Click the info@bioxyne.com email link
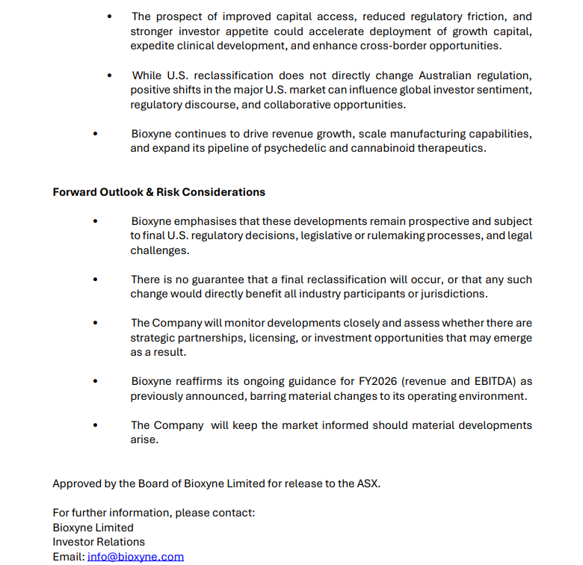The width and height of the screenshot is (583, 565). tap(135, 557)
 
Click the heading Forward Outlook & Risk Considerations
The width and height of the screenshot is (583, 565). tap(158, 192)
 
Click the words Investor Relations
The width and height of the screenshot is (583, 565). tap(99, 542)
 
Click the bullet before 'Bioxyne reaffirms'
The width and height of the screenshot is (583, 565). tap(95, 381)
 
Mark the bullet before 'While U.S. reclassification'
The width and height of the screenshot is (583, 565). tap(110, 75)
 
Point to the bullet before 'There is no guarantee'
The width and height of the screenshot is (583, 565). tap(95, 280)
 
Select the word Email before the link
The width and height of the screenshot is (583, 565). tap(67, 557)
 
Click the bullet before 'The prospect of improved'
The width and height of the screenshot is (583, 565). tap(110, 16)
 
